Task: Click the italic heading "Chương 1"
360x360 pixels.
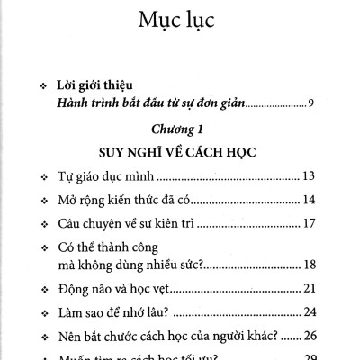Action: click(x=179, y=130)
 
